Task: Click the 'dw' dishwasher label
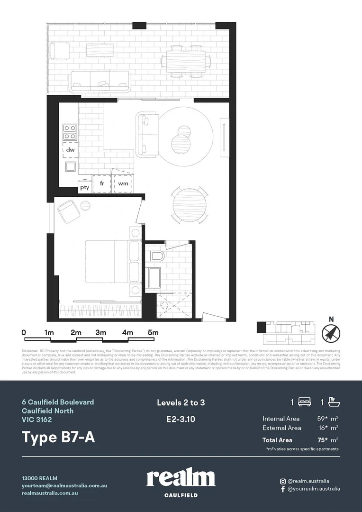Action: pyautogui.click(x=70, y=149)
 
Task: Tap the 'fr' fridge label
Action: pyautogui.click(x=102, y=183)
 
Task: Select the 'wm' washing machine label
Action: pyautogui.click(x=123, y=183)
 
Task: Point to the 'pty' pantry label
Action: pyautogui.click(x=84, y=187)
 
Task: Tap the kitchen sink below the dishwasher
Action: pyautogui.click(x=70, y=166)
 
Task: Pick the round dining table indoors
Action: pyautogui.click(x=190, y=205)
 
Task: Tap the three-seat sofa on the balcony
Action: pyautogui.click(x=100, y=82)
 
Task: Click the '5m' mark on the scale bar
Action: pyautogui.click(x=153, y=333)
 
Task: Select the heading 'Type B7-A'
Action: pyautogui.click(x=58, y=437)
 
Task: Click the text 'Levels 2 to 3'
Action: pyautogui.click(x=181, y=403)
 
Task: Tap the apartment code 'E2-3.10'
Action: pyautogui.click(x=181, y=419)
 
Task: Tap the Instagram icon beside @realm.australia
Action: pyautogui.click(x=282, y=481)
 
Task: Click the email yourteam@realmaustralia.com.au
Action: pyautogui.click(x=64, y=485)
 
